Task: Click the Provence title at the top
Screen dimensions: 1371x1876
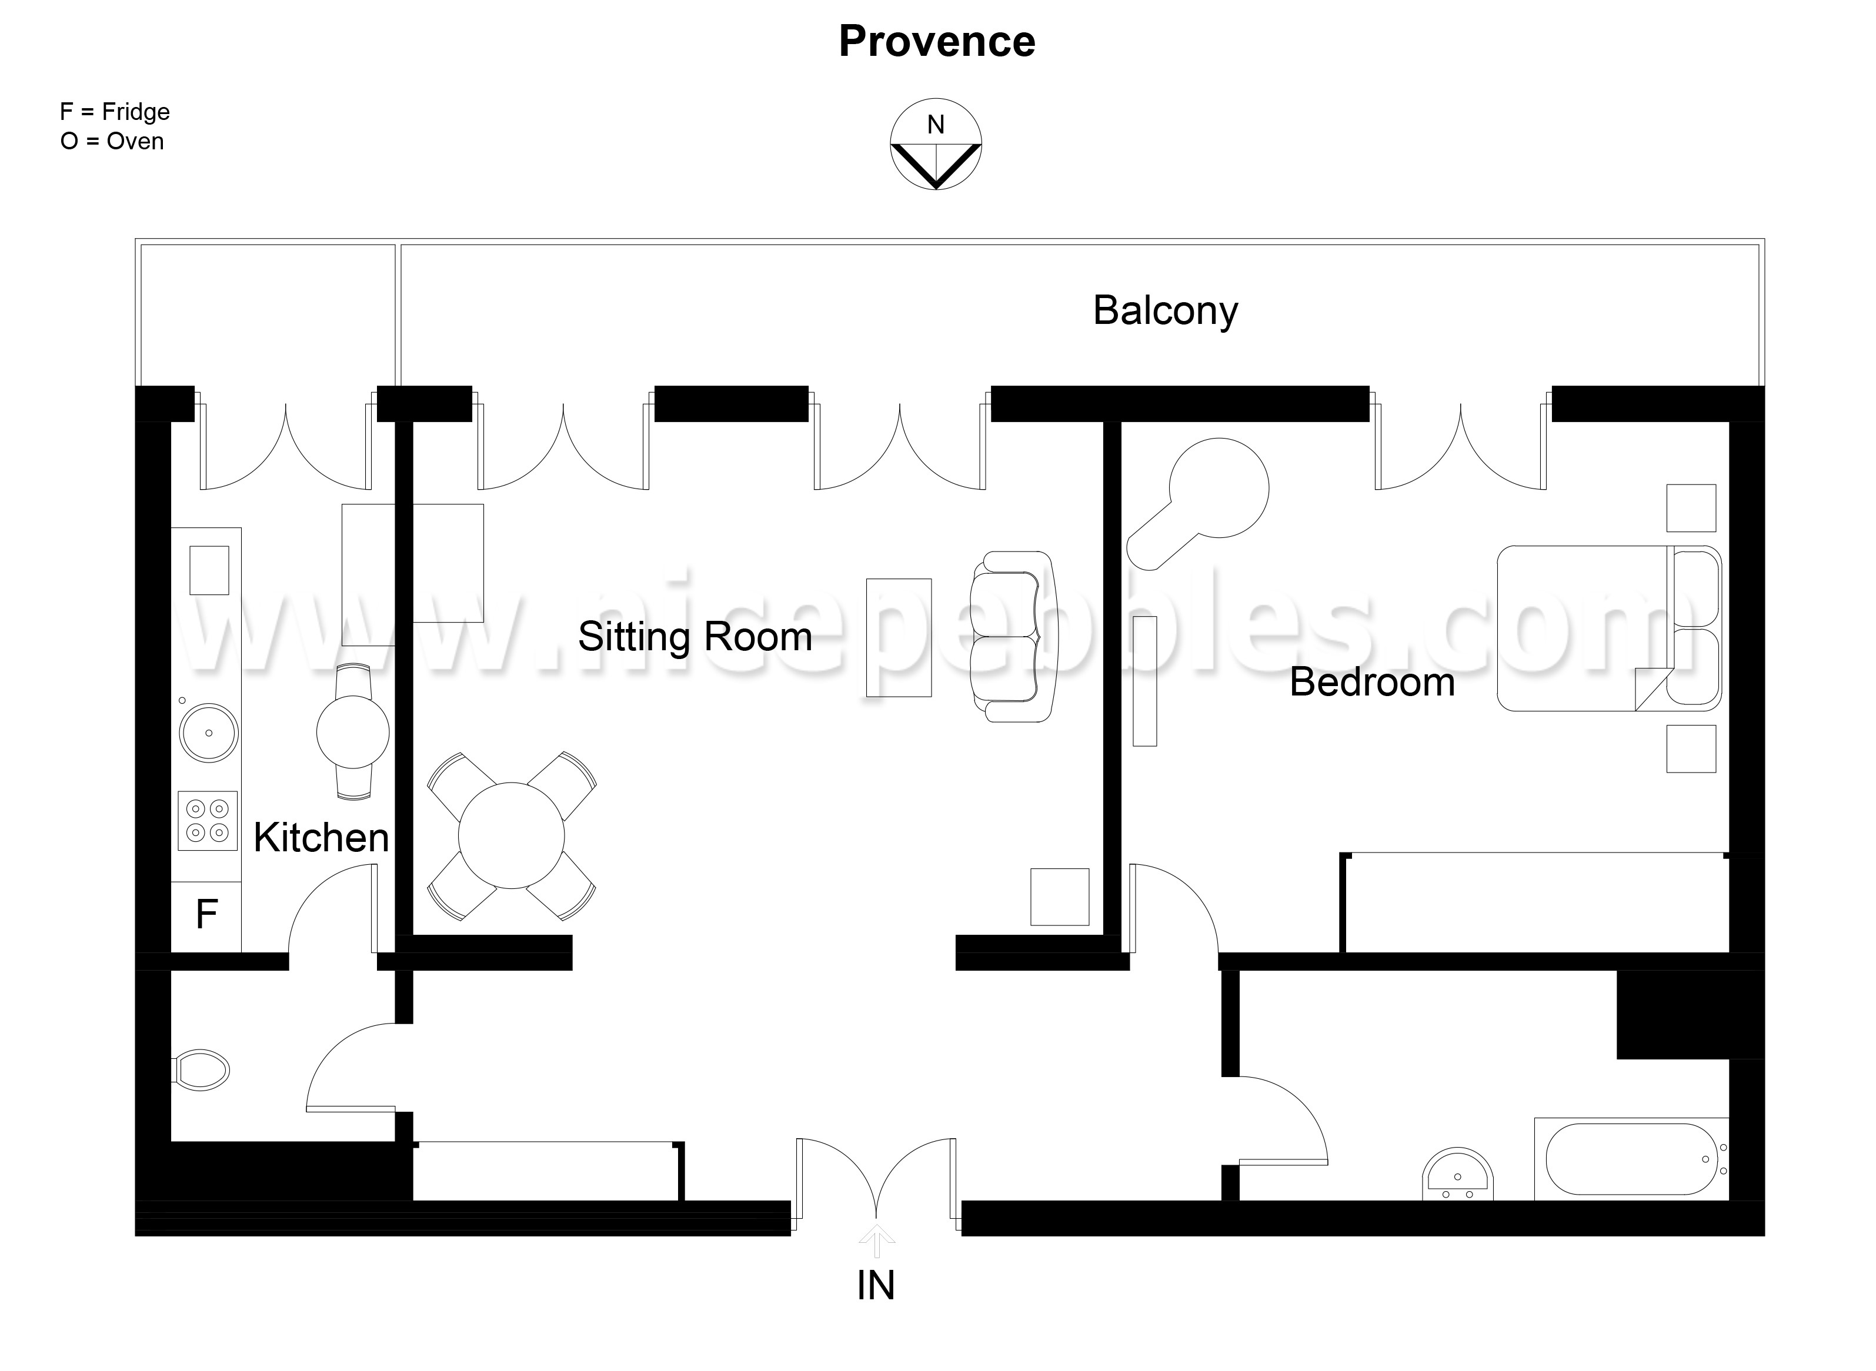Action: click(x=936, y=42)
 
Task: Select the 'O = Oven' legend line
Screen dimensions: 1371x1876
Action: click(x=112, y=142)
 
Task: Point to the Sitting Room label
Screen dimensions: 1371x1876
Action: click(x=695, y=637)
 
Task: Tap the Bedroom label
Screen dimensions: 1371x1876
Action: click(x=1371, y=682)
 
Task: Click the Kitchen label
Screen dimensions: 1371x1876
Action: click(x=321, y=837)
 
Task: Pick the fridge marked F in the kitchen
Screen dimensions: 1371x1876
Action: click(x=206, y=915)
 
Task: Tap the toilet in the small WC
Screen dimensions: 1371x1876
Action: click(x=202, y=1070)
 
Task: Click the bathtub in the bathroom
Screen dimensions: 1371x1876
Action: click(x=1630, y=1159)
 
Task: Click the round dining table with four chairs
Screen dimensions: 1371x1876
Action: click(x=511, y=836)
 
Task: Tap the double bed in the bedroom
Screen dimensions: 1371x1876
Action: click(x=1607, y=628)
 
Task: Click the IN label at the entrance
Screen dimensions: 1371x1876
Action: click(x=876, y=1286)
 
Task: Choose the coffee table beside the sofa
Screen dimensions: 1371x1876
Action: click(x=898, y=637)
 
